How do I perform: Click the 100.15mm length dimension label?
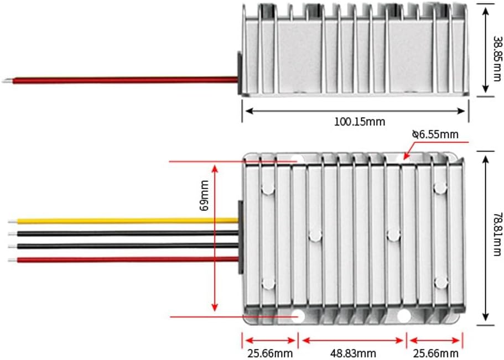tap(359, 122)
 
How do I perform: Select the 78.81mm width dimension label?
tap(496, 237)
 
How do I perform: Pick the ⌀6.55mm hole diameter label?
tap(435, 134)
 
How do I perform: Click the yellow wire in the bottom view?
tap(127, 220)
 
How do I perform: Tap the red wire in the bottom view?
tap(127, 259)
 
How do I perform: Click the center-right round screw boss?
tap(393, 236)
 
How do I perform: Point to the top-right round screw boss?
tap(440, 189)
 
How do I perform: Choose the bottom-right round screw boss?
tap(440, 283)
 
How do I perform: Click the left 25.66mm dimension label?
tap(269, 353)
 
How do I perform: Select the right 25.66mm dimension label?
tap(434, 353)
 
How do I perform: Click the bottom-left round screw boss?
tap(268, 283)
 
